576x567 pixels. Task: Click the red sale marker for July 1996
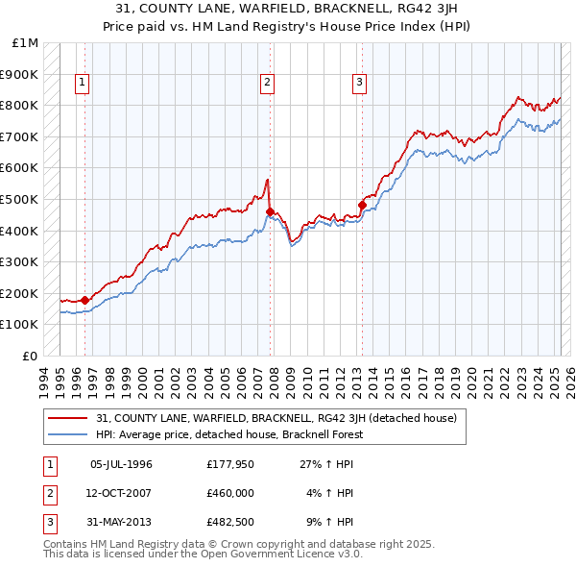pyautogui.click(x=84, y=300)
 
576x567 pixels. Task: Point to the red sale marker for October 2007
pyautogui.click(x=271, y=211)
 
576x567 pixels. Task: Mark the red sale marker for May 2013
pyautogui.click(x=363, y=205)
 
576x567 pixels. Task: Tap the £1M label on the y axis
pyautogui.click(x=26, y=43)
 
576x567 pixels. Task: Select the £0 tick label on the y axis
pyautogui.click(x=30, y=356)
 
